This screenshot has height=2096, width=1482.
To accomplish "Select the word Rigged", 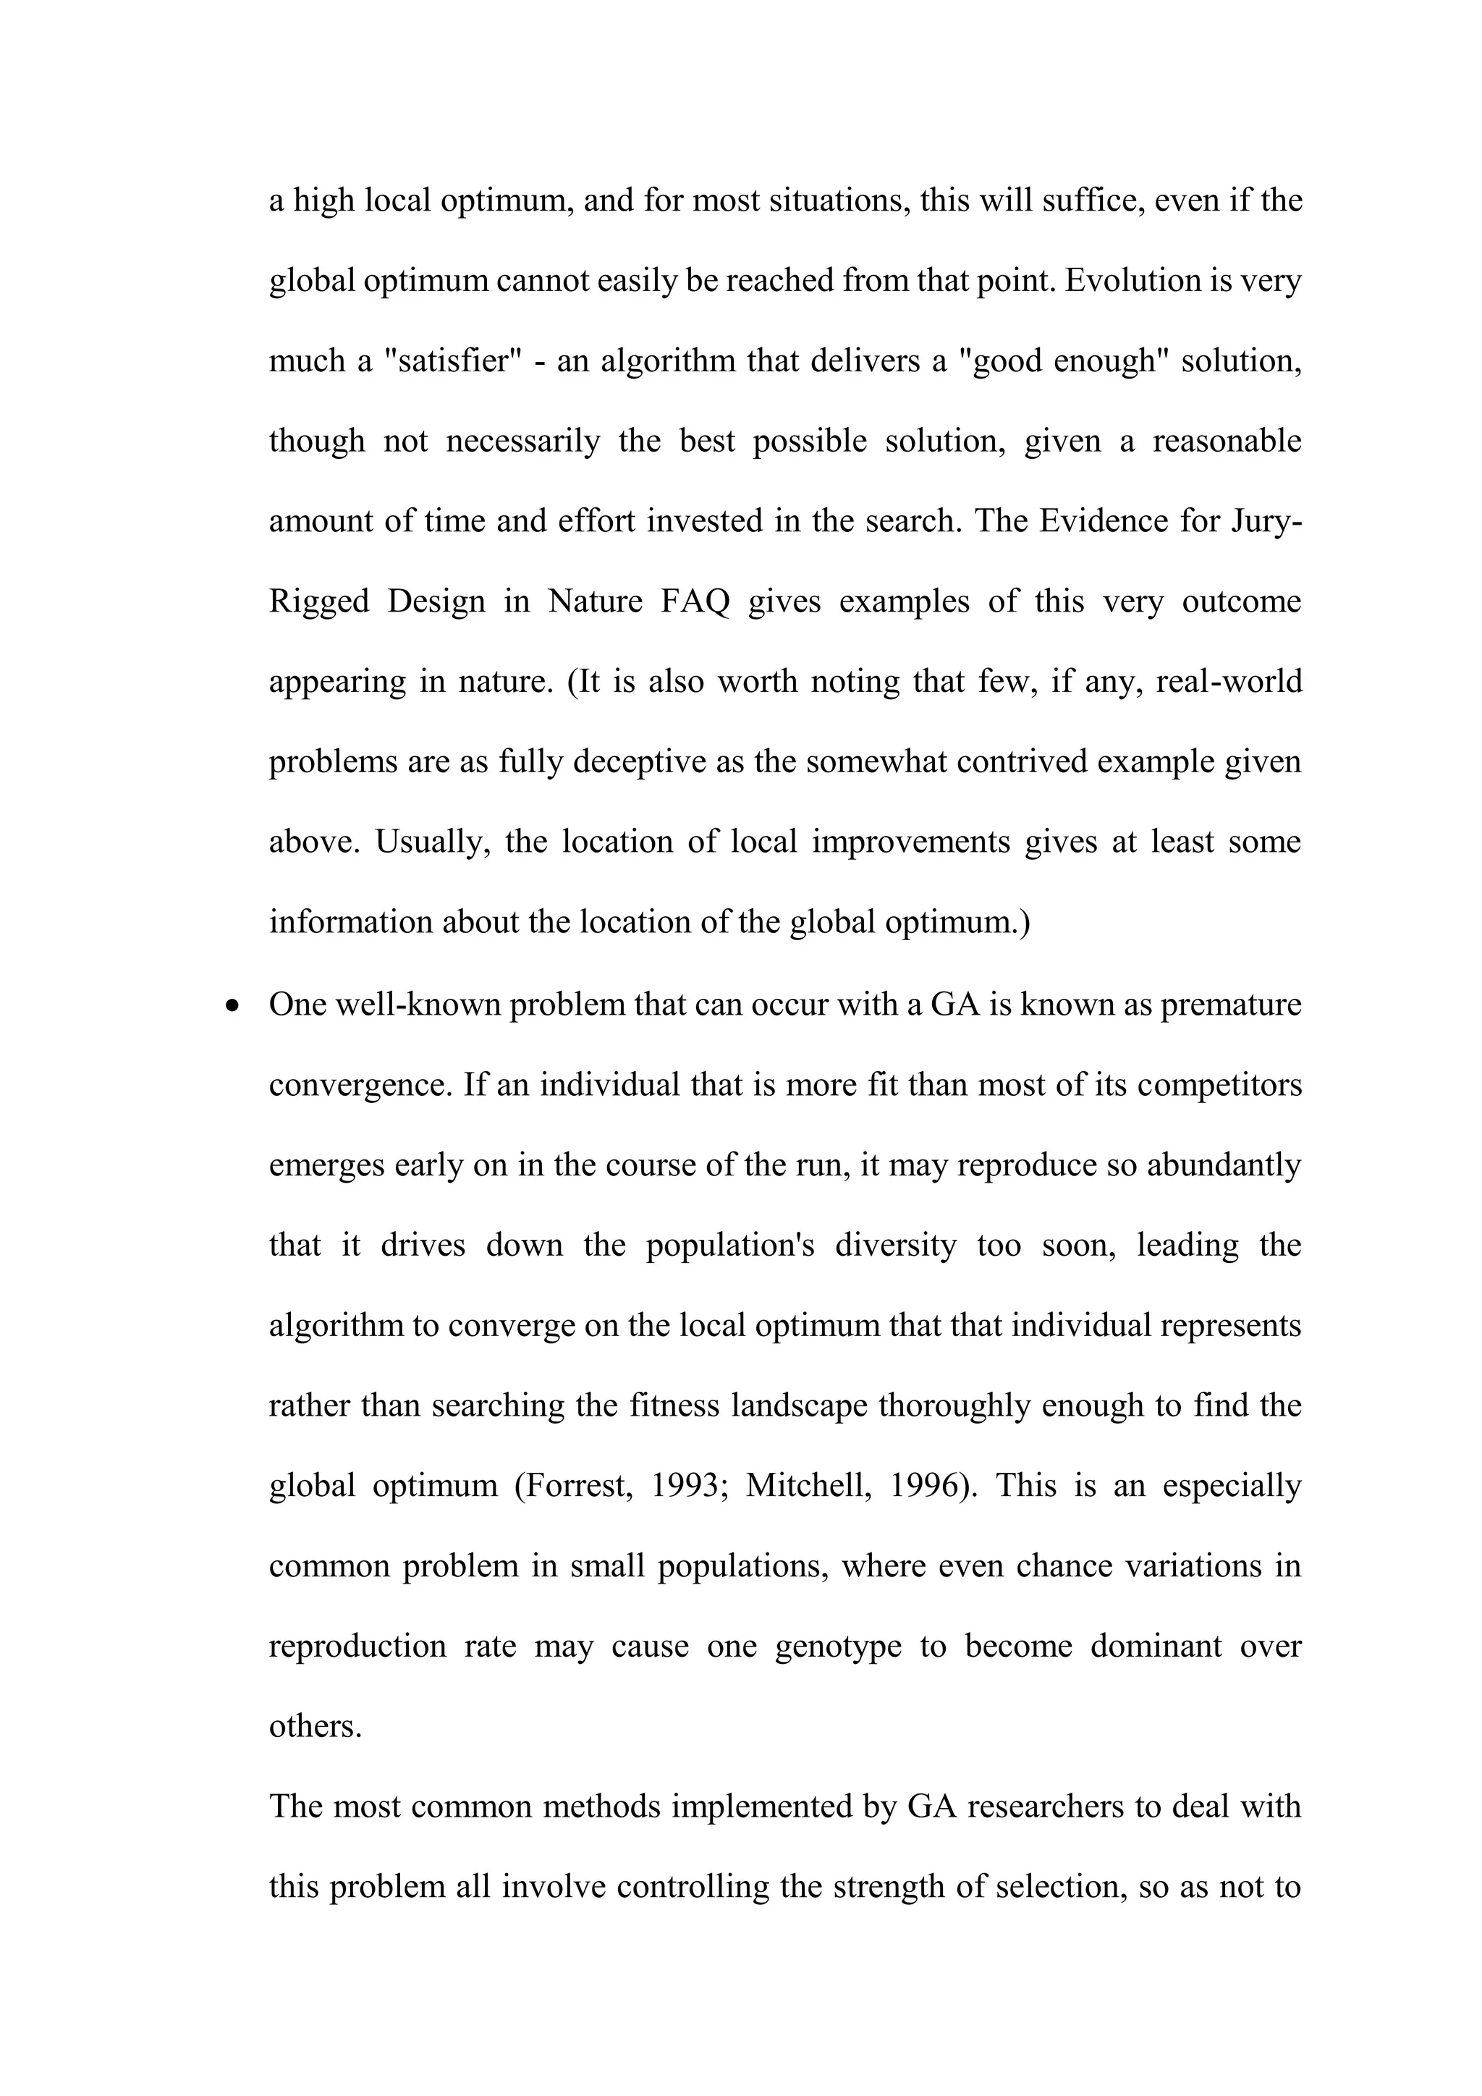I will click(x=318, y=601).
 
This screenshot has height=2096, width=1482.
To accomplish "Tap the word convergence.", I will click(x=360, y=1084).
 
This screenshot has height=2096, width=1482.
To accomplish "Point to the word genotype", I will click(x=838, y=1646).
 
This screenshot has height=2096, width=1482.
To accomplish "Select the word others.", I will click(x=315, y=1725).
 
